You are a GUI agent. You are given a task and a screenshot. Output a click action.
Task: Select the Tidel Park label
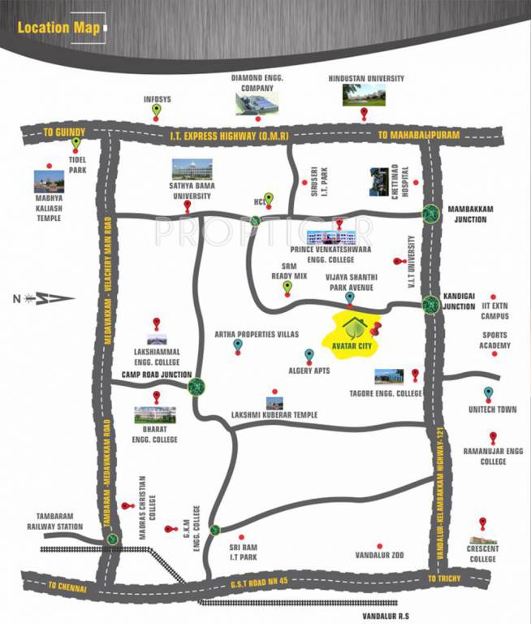coord(78,165)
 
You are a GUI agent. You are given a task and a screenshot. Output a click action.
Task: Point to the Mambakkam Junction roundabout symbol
coord(430,214)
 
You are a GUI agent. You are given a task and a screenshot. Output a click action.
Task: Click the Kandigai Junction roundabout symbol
coord(430,305)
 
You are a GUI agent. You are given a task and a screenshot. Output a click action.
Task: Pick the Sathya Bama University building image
coord(192,170)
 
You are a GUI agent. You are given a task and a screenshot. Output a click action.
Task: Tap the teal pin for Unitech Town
coord(488,394)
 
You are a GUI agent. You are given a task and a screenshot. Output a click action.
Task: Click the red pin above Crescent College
coord(483,523)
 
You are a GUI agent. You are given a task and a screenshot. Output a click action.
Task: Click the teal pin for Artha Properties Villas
coord(238,347)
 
